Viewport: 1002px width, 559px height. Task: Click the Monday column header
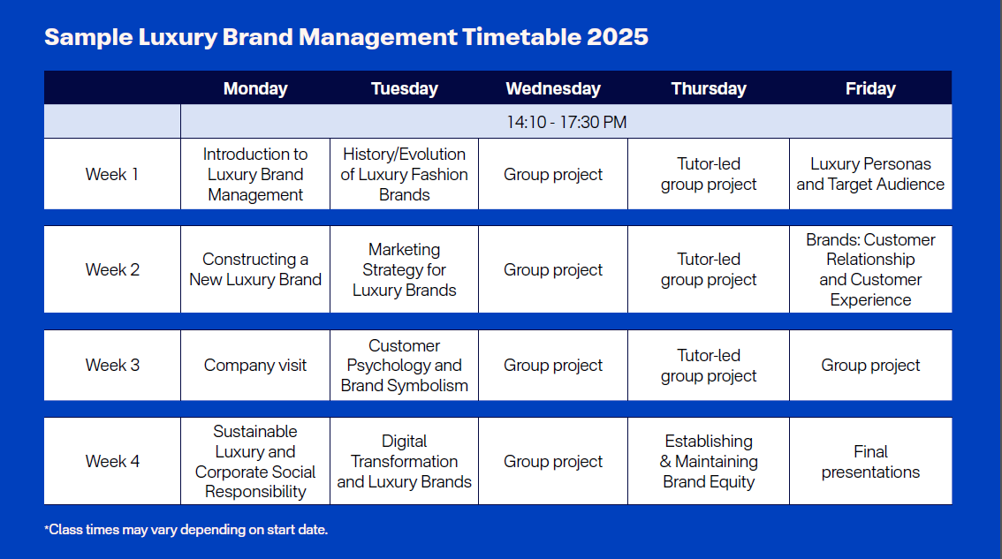[255, 89]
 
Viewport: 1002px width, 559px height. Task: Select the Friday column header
[870, 89]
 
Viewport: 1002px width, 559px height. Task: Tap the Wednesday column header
[553, 89]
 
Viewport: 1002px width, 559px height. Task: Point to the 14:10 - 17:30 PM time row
[566, 122]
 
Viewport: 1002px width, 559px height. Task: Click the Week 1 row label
[112, 174]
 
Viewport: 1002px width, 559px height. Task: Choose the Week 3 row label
[112, 366]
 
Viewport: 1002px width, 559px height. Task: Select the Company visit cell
[255, 366]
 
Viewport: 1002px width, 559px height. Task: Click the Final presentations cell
[870, 462]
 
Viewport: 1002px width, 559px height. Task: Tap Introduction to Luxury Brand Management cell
[255, 174]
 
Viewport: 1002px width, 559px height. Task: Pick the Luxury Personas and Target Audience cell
[870, 174]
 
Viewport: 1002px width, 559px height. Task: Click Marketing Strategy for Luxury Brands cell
[404, 269]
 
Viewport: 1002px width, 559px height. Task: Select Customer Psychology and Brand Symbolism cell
[404, 366]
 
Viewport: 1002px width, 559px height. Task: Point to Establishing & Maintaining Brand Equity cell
[709, 461]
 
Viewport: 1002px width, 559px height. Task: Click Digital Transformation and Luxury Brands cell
[404, 461]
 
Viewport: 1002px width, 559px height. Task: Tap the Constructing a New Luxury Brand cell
[255, 269]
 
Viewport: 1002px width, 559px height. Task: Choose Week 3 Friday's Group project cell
[870, 366]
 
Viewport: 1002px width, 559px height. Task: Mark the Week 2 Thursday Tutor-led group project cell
[709, 269]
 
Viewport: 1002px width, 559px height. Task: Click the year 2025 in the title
[618, 37]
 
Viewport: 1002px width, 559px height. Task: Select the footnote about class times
[186, 530]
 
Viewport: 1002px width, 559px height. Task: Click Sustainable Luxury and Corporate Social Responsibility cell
[255, 461]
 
